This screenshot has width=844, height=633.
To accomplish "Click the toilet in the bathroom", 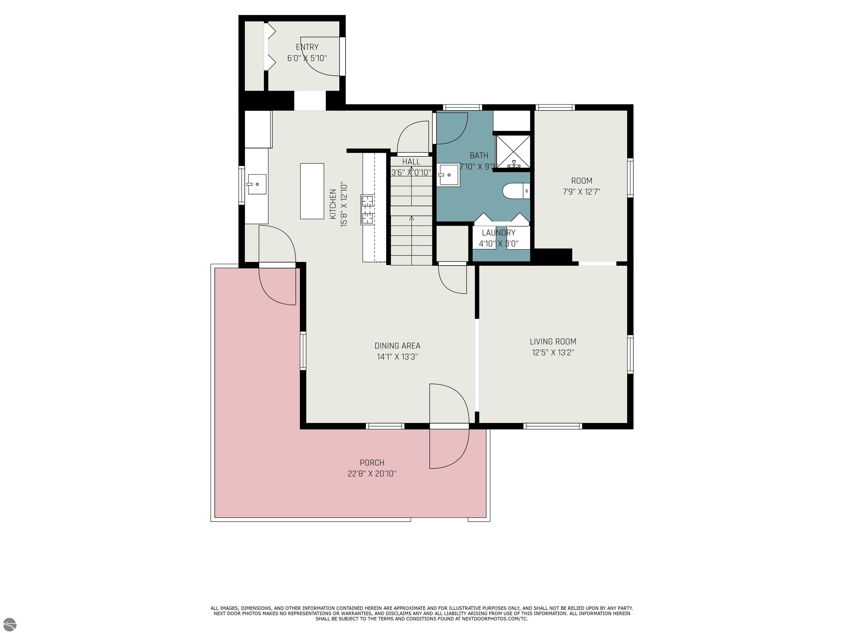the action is tap(516, 191).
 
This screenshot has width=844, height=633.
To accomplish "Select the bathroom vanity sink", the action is tap(449, 175).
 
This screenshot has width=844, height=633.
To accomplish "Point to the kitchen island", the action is tap(312, 191).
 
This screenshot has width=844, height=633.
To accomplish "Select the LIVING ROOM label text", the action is tap(553, 342).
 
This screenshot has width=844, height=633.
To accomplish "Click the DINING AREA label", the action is tap(397, 346).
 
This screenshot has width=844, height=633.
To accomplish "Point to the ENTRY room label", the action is tap(307, 47).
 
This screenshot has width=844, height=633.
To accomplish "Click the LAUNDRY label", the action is tap(498, 233).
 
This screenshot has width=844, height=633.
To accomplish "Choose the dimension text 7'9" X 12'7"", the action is tap(582, 191).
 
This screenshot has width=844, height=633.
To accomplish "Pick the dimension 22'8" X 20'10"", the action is tap(372, 473).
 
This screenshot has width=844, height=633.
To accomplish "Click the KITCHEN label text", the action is tap(333, 204).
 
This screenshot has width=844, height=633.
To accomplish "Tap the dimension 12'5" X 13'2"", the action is tap(553, 352).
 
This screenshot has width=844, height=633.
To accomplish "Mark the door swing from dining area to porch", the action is tap(449, 426).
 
